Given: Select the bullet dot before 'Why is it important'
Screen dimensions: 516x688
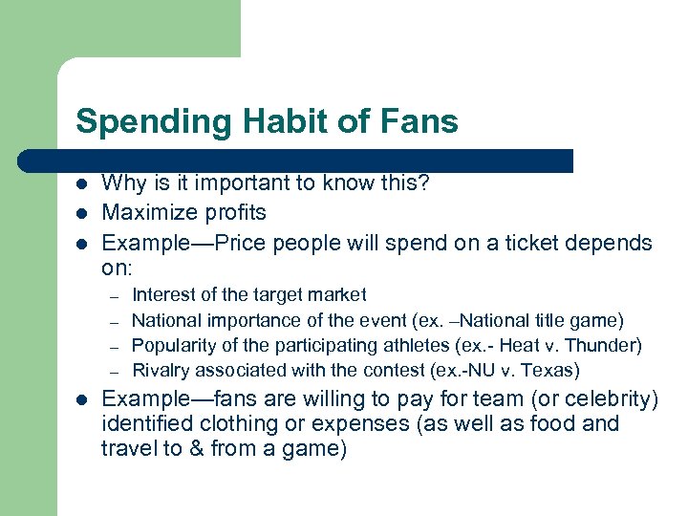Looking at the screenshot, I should (x=82, y=183).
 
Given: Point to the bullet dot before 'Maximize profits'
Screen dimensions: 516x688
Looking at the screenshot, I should (x=82, y=212).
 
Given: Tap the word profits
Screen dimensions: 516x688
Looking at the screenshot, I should (x=237, y=212).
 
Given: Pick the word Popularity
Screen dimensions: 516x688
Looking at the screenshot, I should (x=173, y=345).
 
